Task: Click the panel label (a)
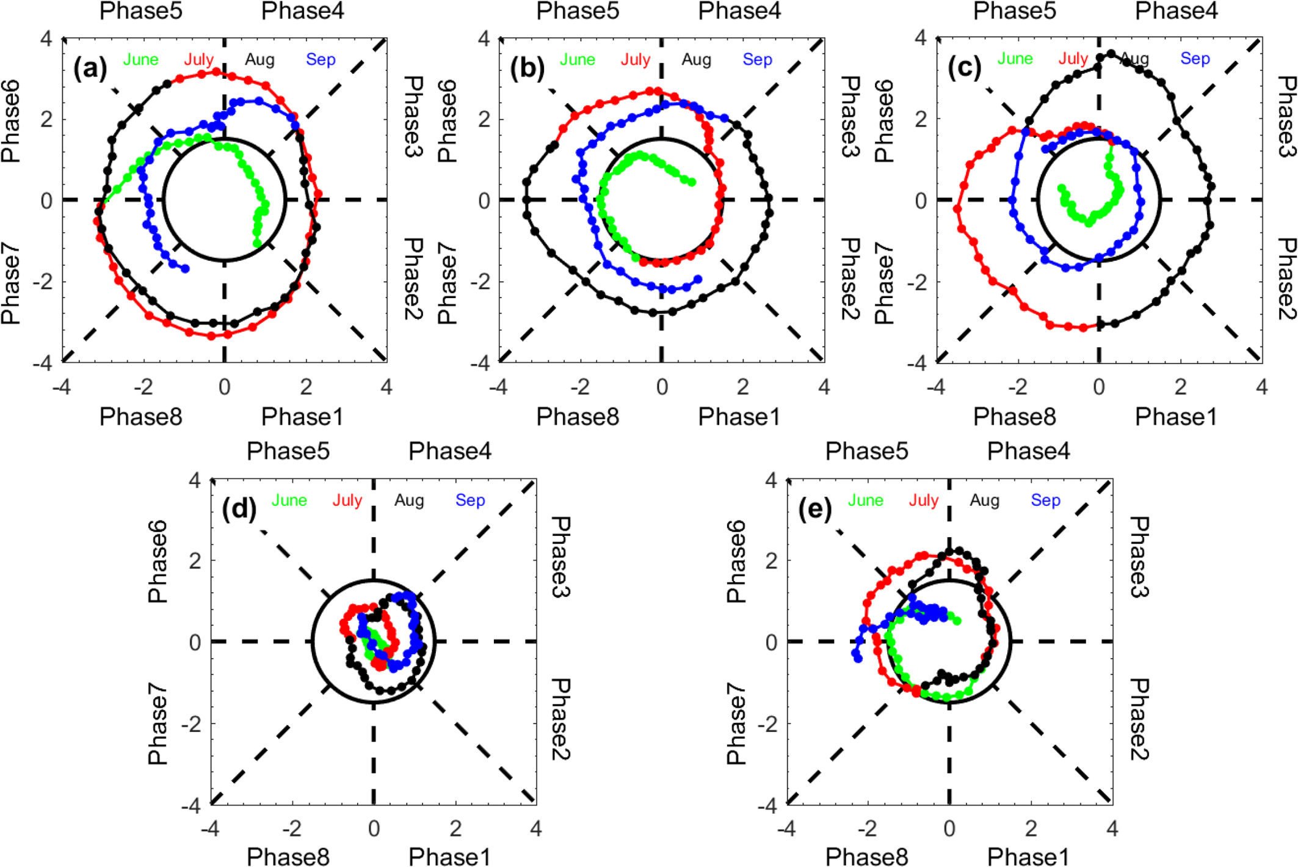click(x=90, y=68)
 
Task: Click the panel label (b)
click(x=527, y=68)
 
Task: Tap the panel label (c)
click(x=964, y=68)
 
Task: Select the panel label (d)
click(x=239, y=509)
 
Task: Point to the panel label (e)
click(x=814, y=509)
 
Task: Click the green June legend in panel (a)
click(x=141, y=59)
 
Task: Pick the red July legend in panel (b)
click(x=636, y=59)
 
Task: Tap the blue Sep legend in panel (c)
click(x=1195, y=59)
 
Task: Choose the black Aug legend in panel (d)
click(x=409, y=500)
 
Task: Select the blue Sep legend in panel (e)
click(x=1045, y=500)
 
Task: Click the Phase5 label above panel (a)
click(x=141, y=11)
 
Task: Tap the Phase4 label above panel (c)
click(x=1176, y=11)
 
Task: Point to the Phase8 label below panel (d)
click(x=288, y=857)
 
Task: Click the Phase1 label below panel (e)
click(x=1028, y=857)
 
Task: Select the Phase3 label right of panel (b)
click(x=850, y=116)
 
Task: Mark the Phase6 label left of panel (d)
click(x=158, y=562)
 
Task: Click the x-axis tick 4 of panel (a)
click(x=386, y=387)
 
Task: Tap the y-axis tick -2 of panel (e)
click(x=771, y=725)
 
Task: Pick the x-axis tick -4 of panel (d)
click(x=210, y=829)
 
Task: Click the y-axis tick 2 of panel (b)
click(x=484, y=119)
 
